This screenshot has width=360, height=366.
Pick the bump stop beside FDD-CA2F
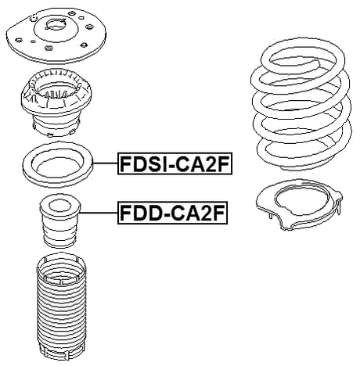[x=59, y=224]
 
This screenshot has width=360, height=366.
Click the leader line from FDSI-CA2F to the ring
[x=105, y=164]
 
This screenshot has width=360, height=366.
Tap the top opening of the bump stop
[x=58, y=205]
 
